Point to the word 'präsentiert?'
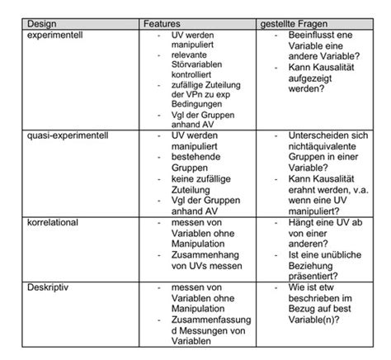[x=313, y=277]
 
